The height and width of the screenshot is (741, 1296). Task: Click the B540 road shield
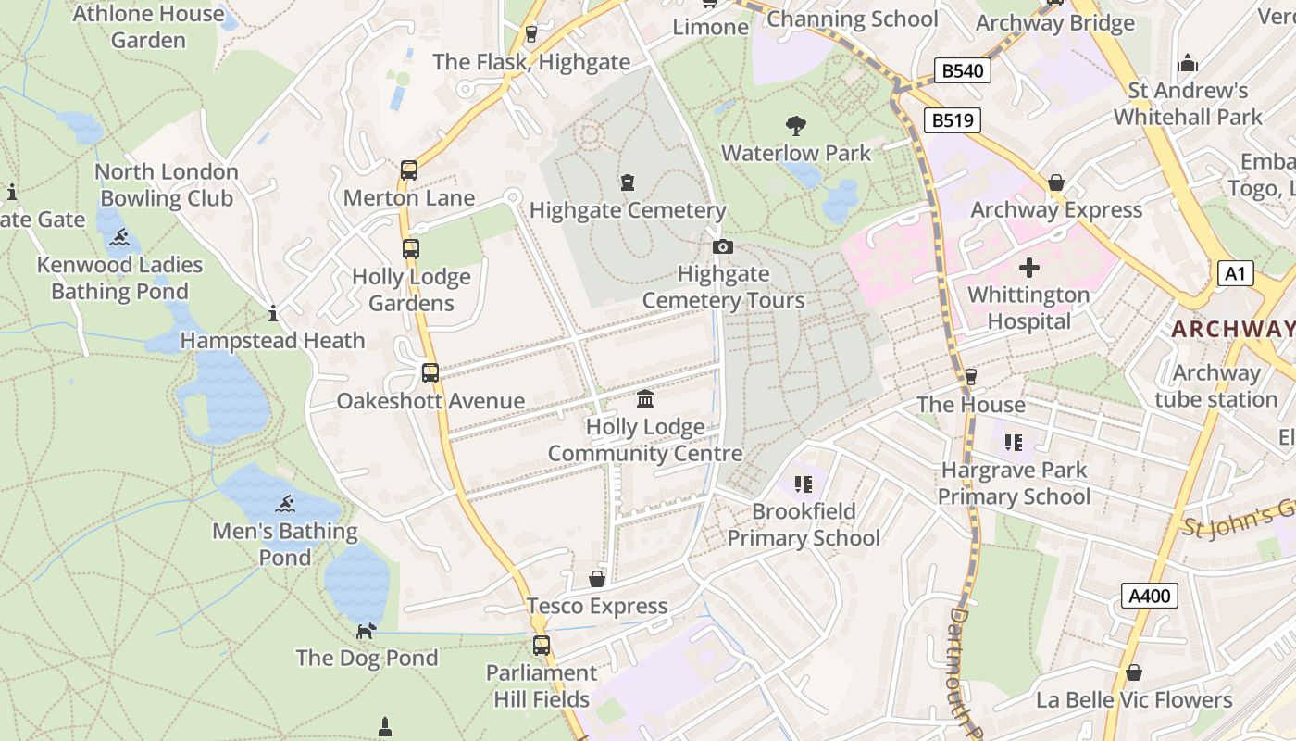coord(963,70)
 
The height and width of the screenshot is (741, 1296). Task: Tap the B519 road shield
coord(953,119)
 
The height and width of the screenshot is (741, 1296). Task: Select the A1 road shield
coord(1237,273)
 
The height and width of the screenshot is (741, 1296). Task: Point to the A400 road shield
coord(1150,596)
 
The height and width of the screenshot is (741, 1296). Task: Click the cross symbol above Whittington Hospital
coord(1028,269)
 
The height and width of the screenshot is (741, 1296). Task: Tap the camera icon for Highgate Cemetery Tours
coord(723,246)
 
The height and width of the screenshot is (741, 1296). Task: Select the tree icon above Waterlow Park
coord(795,125)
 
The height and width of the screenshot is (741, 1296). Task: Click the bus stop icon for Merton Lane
coord(409,170)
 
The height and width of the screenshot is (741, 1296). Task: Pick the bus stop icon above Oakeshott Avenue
coord(430,373)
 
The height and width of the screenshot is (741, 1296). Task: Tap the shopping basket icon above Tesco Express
coord(597,579)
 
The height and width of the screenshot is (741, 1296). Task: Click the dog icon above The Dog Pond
coord(367,631)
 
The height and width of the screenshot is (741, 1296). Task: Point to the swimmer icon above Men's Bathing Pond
coord(285,504)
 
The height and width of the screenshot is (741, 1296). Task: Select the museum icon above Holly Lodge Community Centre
coord(645,399)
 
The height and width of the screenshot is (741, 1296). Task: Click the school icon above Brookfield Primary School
coord(803,484)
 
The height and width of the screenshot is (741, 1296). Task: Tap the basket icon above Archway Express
coord(1056,182)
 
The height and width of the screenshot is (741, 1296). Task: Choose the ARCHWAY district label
coord(1232,329)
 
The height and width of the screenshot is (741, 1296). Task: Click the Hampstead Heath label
coord(272,340)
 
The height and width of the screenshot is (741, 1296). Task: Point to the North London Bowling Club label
coord(167,184)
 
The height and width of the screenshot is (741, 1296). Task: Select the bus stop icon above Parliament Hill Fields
coord(542,645)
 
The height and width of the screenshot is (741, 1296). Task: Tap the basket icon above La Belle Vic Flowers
coord(1134,672)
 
